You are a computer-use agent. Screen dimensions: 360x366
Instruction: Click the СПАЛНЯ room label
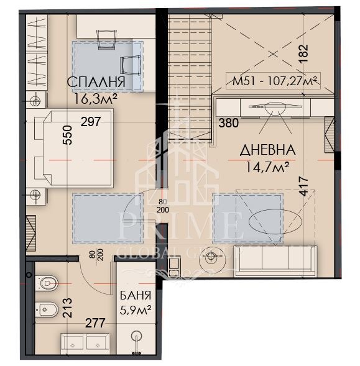[x=96, y=82]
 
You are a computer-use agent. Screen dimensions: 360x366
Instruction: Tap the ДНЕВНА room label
[x=268, y=150]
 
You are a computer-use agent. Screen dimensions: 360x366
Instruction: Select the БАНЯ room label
[x=136, y=296]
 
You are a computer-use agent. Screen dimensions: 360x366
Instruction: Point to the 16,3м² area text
[x=95, y=99]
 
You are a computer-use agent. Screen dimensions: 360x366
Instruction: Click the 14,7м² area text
[x=268, y=167]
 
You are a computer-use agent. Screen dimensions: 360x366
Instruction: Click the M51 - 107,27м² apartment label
[x=273, y=81]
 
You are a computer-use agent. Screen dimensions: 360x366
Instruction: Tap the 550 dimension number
[x=68, y=135]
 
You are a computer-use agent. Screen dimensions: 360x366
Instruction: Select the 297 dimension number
[x=91, y=122]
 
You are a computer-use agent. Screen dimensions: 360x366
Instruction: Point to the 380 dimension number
[x=228, y=123]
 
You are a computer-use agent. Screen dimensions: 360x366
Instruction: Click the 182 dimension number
[x=303, y=53]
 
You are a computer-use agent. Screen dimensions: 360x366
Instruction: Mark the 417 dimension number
[x=303, y=186]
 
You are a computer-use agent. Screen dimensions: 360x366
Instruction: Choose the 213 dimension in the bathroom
[x=68, y=308]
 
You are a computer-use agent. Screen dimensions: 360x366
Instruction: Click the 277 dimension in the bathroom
[x=95, y=323]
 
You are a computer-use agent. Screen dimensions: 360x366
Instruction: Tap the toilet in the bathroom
[x=47, y=283]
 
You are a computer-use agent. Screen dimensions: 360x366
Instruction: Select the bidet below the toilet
[x=47, y=309]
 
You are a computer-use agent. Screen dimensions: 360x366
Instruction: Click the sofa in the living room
[x=275, y=261]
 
